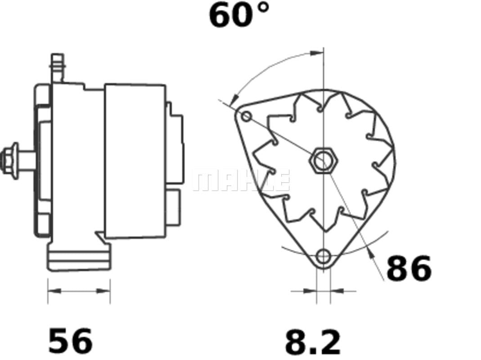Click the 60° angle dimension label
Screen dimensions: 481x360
click(x=239, y=15)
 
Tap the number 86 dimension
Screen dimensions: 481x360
click(x=409, y=268)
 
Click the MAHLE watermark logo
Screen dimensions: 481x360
click(x=241, y=180)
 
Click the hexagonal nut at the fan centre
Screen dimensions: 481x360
click(x=324, y=160)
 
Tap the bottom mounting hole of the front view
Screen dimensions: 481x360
click(x=324, y=256)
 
